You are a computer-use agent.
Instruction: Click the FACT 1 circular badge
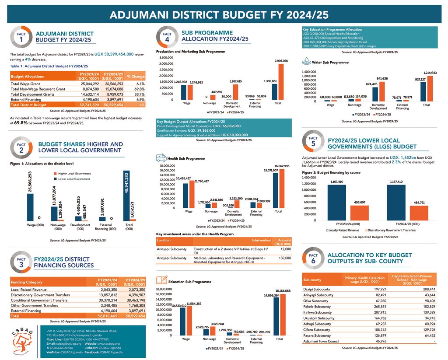coord(21,37)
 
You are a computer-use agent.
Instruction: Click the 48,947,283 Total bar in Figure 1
coord(126,196)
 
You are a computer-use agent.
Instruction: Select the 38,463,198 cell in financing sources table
coord(134,300)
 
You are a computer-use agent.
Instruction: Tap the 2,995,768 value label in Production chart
coord(281,61)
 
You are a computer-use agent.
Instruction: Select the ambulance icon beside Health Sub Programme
coord(161,158)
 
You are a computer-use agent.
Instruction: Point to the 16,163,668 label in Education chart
coord(282,291)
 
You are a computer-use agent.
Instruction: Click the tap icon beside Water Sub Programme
coord(308,62)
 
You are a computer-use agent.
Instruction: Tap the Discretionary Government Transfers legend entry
coord(389,230)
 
